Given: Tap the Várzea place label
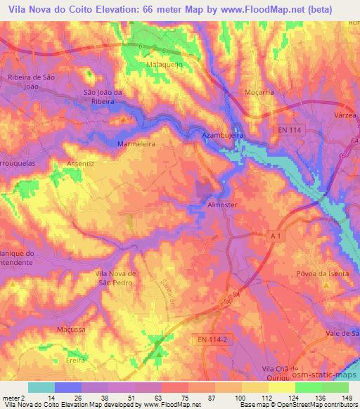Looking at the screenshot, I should coord(345,115).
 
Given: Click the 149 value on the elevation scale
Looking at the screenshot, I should coord(348,397).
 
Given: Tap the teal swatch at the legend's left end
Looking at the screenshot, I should coord(41,387).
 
